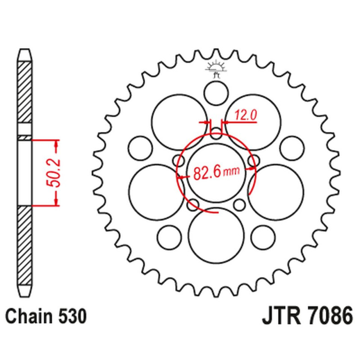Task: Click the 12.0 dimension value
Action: [245, 115]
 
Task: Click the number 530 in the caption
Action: [72, 316]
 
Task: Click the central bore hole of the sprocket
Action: [216, 173]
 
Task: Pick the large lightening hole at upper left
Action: [179, 121]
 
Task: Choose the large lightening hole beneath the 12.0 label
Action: [253, 121]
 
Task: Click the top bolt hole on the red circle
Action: [216, 133]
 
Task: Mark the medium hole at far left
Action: [140, 148]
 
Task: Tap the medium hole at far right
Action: [292, 148]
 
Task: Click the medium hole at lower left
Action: [170, 238]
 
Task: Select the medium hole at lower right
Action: [263, 238]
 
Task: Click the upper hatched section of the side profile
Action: [25, 92]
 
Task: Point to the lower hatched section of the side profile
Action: [25, 246]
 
